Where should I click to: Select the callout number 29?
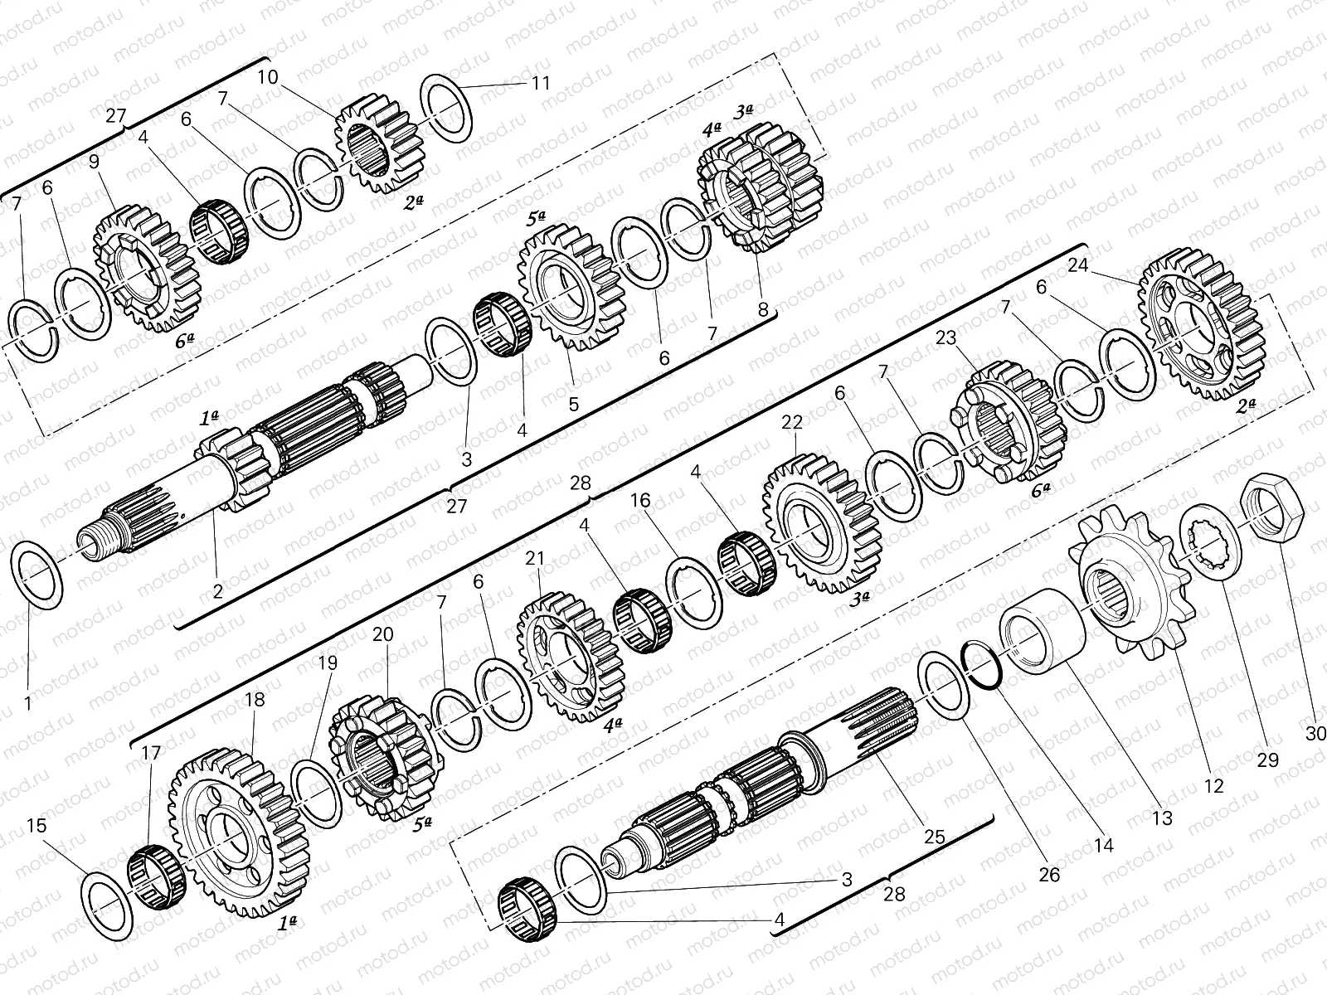[x=1267, y=759]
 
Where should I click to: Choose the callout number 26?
[x=1049, y=874]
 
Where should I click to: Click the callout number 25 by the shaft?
[x=934, y=837]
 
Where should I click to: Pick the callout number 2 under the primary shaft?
[x=217, y=591]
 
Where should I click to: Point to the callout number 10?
[x=267, y=78]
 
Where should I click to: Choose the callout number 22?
[x=792, y=422]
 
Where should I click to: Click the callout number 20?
[x=382, y=634]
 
